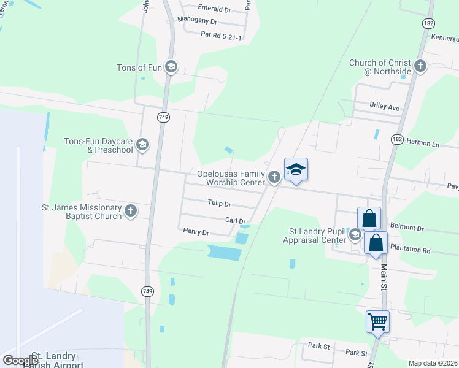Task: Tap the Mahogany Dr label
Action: point(198,20)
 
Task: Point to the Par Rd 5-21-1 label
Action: point(221,36)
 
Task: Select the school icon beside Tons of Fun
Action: point(171,67)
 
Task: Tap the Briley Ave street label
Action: point(384,107)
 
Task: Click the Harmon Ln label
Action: point(423,145)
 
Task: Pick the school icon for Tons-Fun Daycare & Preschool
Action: point(142,145)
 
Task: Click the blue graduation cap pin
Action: point(296,170)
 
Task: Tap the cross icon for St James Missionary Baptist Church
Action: point(130,211)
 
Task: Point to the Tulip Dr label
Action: point(219,204)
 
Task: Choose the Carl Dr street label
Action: point(236,221)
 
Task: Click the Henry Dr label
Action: point(196,232)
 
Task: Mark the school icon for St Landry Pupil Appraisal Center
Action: point(355,235)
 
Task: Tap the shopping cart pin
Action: point(377,321)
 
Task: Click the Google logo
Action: point(20,361)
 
